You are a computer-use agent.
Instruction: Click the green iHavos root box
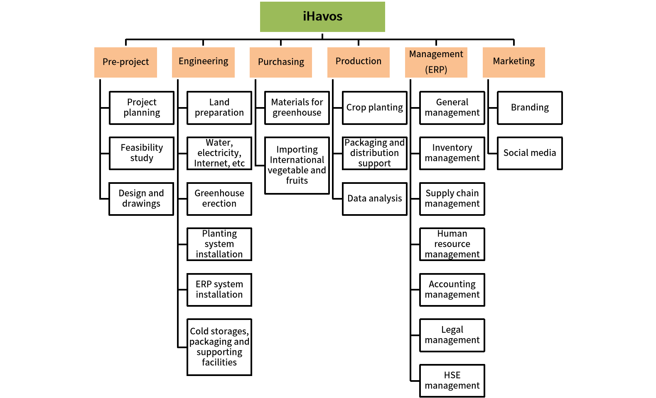point(322,17)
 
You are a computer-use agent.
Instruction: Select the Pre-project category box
point(125,62)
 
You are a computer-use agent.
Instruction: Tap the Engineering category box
point(203,62)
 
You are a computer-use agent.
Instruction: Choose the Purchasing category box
point(281,62)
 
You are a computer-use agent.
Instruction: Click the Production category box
point(359,62)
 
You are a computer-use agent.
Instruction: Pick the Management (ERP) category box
point(436,62)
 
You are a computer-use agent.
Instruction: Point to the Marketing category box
point(514,62)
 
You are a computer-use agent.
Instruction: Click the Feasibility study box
point(142,153)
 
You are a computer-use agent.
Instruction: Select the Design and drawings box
point(141,199)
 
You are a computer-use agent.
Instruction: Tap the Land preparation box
point(219,108)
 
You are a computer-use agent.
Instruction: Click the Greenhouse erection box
point(219,199)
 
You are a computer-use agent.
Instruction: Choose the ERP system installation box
point(219,290)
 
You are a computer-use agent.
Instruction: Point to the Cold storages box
point(219,347)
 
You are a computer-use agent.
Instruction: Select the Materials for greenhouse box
point(297,108)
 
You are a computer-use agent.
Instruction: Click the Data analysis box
point(375,199)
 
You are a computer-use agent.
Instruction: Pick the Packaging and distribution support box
point(375,153)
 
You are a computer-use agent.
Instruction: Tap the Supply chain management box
point(452,199)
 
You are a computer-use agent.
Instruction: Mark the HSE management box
point(452,381)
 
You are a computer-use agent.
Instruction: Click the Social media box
point(530,153)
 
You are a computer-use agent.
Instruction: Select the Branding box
point(530,108)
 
